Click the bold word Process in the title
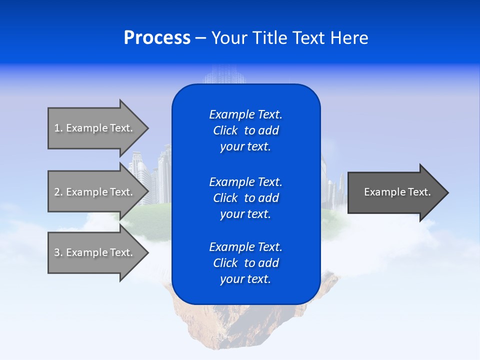coord(157,38)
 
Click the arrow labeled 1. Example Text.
coord(95,128)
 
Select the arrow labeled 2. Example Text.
coord(95,192)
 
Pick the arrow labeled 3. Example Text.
coord(95,252)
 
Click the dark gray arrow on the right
coord(395,192)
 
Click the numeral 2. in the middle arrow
coord(58,192)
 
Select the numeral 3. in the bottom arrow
coord(58,252)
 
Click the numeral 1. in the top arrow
coord(58,128)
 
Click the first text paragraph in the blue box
coord(245,130)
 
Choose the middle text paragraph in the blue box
coord(245,198)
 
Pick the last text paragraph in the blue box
coord(245,263)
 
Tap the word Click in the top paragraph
coord(225,131)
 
